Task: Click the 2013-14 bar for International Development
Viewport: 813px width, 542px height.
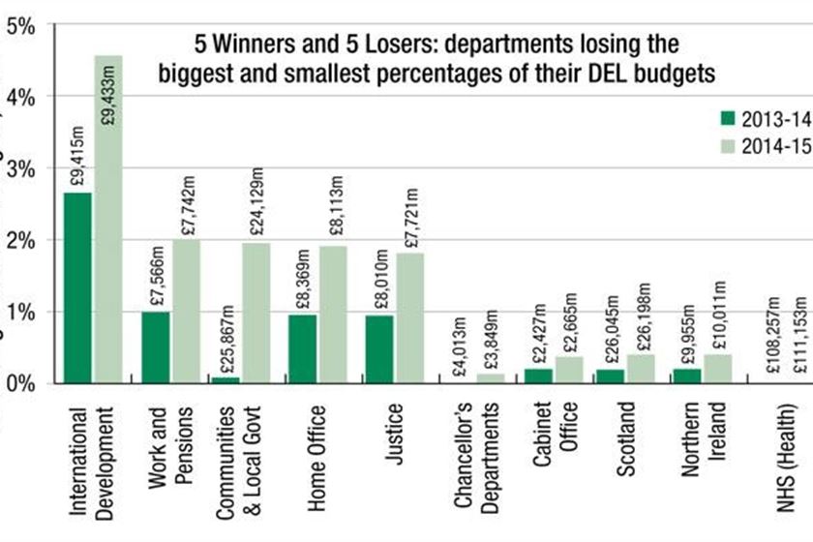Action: coord(78,287)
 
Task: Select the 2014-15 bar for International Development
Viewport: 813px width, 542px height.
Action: coord(108,220)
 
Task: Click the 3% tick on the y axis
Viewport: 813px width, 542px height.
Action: coord(22,168)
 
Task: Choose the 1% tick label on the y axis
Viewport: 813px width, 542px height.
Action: coord(22,312)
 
